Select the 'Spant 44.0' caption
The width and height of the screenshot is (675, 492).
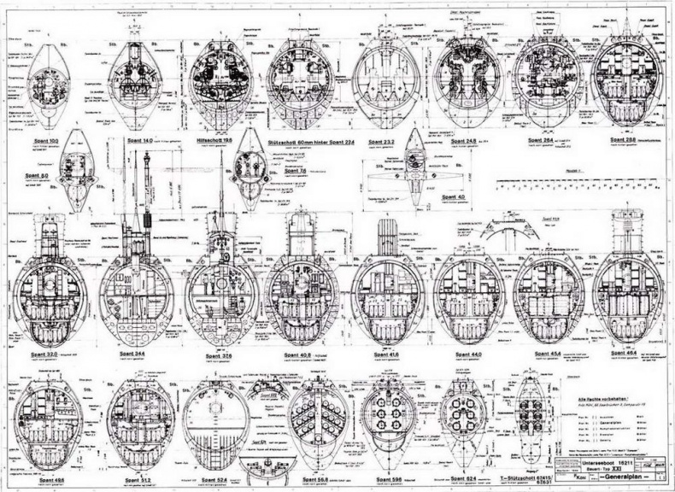tap(468, 353)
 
